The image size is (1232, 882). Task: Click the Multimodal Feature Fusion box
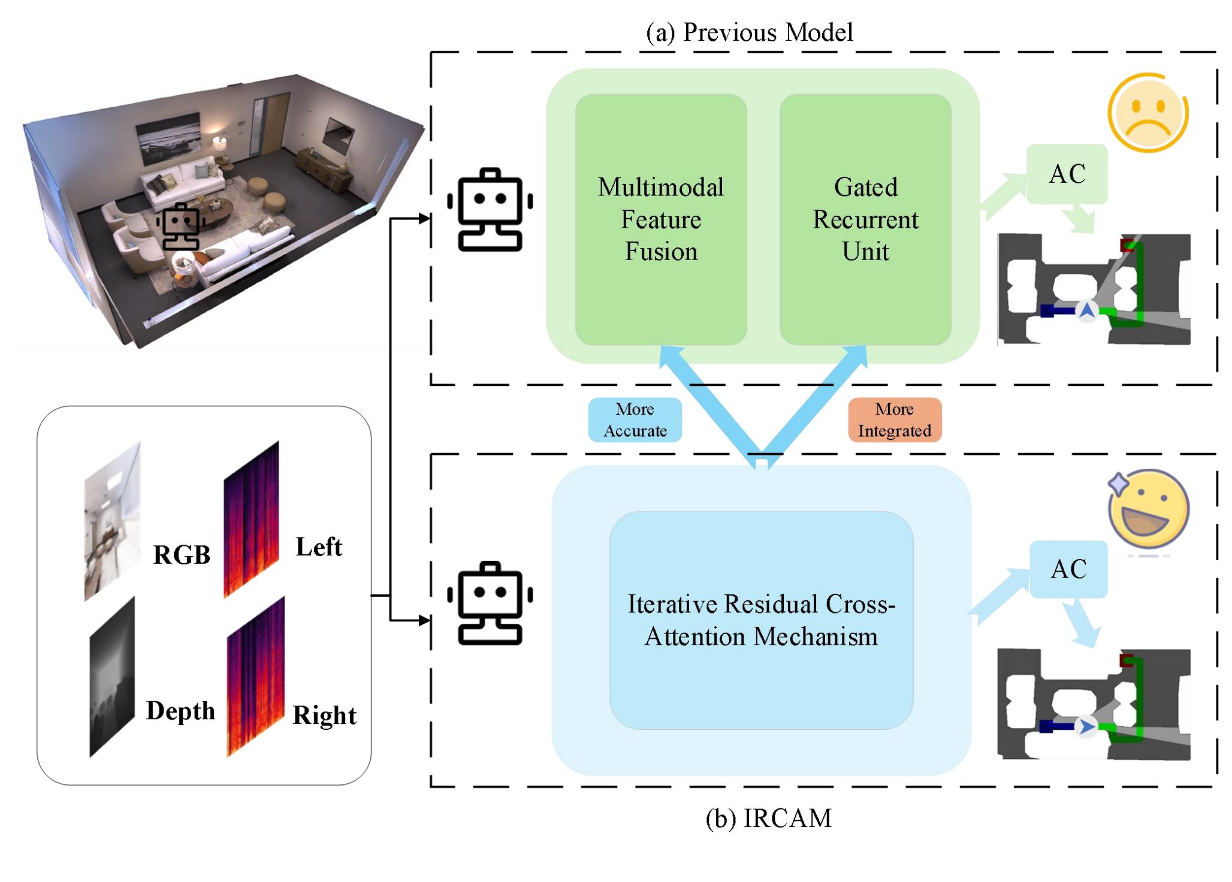(660, 219)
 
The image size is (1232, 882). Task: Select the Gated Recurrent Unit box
(865, 219)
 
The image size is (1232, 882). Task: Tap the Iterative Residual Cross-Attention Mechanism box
(761, 620)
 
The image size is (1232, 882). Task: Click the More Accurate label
(635, 420)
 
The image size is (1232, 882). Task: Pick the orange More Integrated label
(894, 420)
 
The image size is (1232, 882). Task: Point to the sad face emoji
(1147, 113)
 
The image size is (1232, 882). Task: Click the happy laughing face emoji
(1148, 509)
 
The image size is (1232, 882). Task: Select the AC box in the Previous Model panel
(1067, 174)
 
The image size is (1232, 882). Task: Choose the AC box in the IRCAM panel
(1068, 569)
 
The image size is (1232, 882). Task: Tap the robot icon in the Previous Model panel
(490, 210)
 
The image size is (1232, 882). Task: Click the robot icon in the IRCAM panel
(490, 603)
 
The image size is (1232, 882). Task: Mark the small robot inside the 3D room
(180, 226)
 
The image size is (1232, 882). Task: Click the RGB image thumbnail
(113, 521)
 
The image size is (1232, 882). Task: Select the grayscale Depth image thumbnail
(112, 677)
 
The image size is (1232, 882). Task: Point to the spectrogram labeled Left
(251, 520)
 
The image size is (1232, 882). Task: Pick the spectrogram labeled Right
(255, 677)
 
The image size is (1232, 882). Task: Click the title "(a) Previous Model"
(749, 32)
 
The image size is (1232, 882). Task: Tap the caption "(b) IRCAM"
(769, 818)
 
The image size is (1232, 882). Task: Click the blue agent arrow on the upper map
(1086, 310)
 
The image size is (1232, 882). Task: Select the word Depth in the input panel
(180, 711)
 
